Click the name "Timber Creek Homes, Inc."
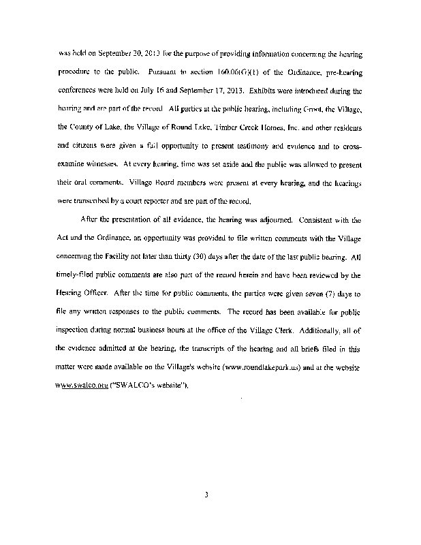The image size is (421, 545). pos(253,127)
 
